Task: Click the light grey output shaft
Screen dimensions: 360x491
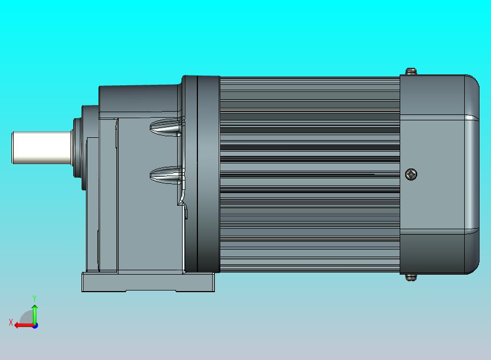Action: [x=41, y=148]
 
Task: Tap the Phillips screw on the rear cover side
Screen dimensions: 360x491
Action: [x=411, y=175]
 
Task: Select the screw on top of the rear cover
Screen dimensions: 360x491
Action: [x=411, y=71]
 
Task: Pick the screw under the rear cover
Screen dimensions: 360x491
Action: [x=411, y=277]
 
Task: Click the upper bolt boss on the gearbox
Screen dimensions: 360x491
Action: [x=166, y=128]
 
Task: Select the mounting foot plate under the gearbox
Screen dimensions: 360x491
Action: [x=148, y=282]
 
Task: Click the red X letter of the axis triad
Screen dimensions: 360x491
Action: [x=10, y=323]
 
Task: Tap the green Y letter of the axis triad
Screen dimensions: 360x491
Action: [x=34, y=299]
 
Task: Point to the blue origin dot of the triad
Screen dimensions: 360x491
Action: [x=35, y=326]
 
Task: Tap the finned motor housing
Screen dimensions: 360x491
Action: [x=309, y=174]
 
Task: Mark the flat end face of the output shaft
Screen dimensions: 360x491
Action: [x=14, y=148]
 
